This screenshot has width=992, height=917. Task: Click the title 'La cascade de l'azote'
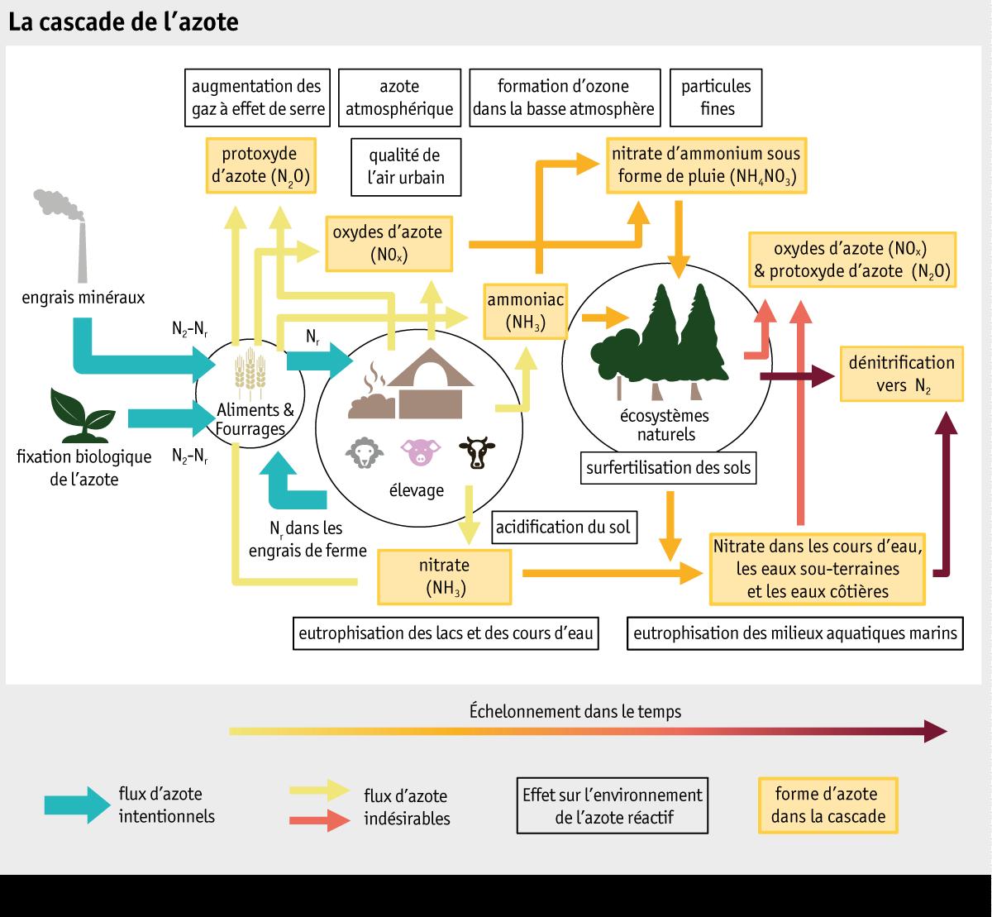123,22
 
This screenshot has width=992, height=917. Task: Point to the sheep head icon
364,452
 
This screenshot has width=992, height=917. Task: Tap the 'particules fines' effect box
716,98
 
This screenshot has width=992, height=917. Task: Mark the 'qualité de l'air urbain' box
405,166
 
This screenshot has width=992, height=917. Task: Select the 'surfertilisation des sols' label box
668,468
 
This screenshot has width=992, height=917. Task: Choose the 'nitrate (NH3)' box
446,576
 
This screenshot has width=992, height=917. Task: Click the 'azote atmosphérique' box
398,98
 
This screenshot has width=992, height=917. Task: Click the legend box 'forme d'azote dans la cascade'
827,805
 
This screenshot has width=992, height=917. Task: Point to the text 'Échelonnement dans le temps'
575,711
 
